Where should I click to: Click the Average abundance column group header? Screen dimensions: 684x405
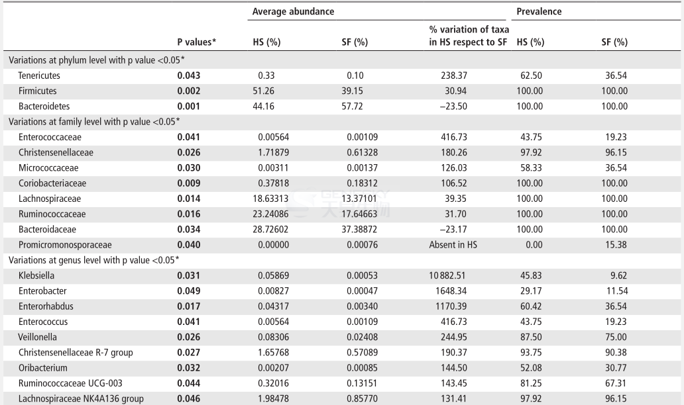tap(293, 12)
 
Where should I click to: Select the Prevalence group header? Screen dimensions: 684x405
tap(539, 12)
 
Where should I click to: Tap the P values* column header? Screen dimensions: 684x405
tap(197, 42)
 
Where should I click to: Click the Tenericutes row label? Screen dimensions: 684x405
tap(39, 75)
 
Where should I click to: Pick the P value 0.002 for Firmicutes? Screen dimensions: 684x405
tap(189, 91)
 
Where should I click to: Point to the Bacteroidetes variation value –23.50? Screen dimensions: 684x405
tap(453, 107)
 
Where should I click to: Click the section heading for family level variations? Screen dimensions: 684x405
tap(94, 122)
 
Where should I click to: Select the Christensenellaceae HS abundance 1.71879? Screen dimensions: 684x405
tap(274, 152)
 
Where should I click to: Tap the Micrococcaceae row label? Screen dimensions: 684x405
tap(48, 167)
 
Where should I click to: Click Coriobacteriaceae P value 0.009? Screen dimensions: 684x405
tap(189, 183)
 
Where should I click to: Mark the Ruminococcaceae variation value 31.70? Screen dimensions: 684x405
tap(456, 214)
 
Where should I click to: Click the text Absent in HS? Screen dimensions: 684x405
tap(453, 245)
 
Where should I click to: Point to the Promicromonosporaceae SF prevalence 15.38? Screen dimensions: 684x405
tap(616, 245)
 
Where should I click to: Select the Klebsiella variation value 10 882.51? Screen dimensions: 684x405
tap(447, 276)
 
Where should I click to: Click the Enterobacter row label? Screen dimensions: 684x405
tap(42, 291)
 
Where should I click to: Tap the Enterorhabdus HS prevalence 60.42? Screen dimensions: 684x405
tap(531, 306)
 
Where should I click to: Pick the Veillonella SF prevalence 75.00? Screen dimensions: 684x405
tap(616, 337)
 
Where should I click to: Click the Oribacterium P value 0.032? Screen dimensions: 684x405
tap(189, 368)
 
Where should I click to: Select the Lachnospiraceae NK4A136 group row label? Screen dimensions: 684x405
tap(81, 399)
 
